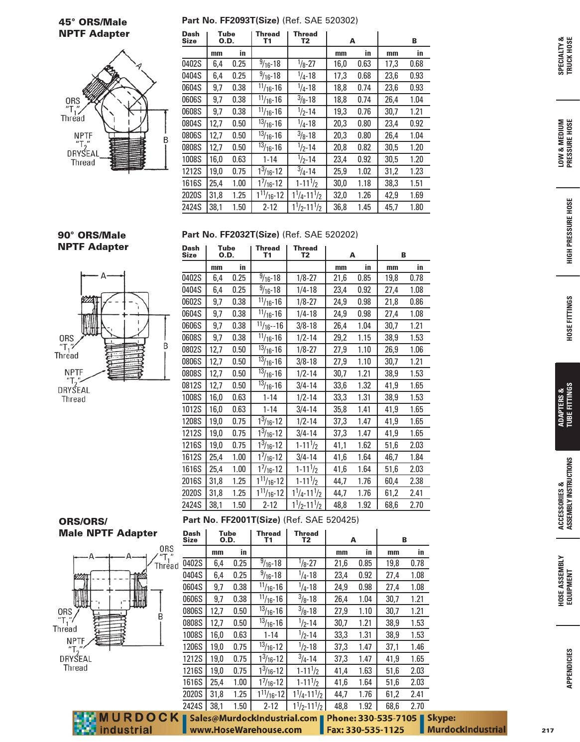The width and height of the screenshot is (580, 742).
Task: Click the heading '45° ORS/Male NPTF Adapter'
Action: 94,28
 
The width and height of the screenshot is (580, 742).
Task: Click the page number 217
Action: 548,730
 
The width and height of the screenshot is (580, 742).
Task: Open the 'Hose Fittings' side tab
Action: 569,319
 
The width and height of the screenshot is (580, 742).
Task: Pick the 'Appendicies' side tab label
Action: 569,668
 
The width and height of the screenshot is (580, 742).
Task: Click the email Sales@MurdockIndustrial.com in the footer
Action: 253,718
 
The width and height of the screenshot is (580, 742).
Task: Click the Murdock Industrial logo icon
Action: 85,724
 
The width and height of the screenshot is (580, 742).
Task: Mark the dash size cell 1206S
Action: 193,647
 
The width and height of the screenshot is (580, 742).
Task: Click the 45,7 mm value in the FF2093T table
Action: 391,207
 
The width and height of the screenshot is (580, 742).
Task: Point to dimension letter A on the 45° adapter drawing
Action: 139,66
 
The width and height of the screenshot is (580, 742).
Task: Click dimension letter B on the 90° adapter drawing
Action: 166,346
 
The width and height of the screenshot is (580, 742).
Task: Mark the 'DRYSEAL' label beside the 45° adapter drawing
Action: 83,154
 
